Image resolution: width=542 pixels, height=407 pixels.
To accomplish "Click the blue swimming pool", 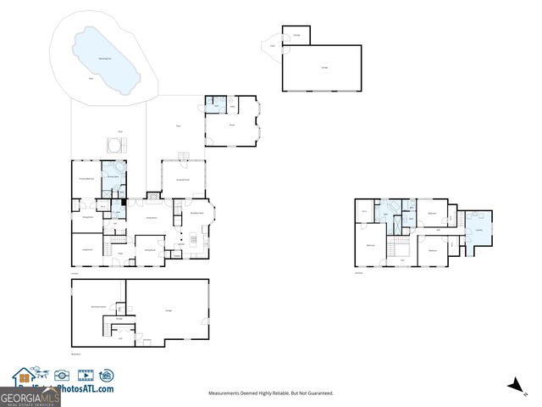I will click(x=108, y=59).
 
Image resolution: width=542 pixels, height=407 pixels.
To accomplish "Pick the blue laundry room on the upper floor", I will click(x=478, y=230).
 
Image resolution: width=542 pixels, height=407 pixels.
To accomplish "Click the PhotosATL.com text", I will click(x=87, y=389).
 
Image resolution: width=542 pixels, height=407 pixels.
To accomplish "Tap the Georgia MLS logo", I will click(x=30, y=397).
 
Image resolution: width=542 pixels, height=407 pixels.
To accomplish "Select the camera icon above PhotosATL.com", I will click(x=62, y=375).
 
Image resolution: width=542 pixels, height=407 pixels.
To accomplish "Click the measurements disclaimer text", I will click(x=271, y=393).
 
